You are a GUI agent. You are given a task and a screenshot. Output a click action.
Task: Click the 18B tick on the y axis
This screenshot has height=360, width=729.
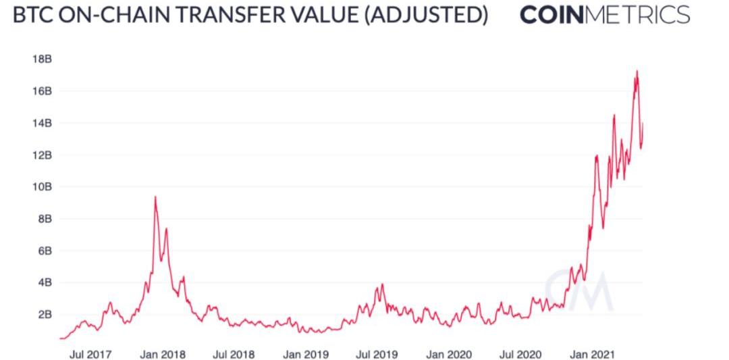42,59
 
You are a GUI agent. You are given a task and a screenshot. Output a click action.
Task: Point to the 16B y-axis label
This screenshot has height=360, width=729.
42,91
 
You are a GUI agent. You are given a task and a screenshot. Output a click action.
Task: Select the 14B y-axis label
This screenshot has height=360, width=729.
42,123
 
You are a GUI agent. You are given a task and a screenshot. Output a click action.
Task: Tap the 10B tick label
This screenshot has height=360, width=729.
42,186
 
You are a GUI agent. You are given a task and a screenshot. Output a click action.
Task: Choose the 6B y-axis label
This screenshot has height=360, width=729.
42,251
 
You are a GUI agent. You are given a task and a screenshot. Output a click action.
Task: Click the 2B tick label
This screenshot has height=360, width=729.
42,314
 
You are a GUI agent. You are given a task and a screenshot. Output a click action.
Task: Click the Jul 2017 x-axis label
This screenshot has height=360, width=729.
91,354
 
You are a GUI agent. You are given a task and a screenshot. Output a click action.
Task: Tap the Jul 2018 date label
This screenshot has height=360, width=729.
234,354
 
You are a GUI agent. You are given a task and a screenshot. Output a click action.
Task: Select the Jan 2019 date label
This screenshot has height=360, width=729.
306,354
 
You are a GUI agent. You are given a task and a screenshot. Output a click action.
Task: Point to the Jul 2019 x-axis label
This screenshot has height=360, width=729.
376,354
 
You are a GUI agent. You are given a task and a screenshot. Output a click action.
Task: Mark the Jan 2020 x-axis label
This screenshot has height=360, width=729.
448,354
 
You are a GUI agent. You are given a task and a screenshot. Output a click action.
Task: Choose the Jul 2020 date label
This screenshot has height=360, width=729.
519,354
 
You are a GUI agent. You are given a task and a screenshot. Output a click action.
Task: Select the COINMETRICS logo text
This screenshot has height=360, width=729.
605,16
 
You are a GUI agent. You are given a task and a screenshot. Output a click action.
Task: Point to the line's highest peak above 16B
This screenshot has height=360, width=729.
637,71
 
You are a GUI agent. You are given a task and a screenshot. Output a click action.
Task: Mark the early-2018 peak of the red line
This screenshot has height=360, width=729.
155,197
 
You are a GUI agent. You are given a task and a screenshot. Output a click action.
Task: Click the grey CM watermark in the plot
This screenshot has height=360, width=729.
578,290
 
